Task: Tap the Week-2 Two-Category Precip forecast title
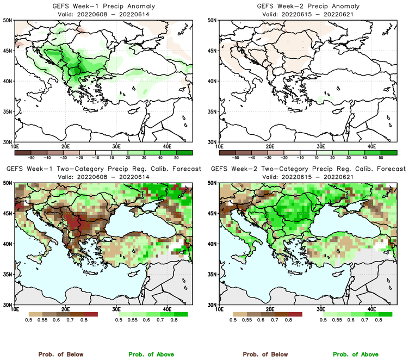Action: pos(308,169)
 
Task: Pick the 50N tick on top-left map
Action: pos(8,20)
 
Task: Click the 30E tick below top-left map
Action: pos(116,146)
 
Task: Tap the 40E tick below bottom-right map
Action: pos(372,309)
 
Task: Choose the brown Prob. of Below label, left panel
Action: pos(60,354)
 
